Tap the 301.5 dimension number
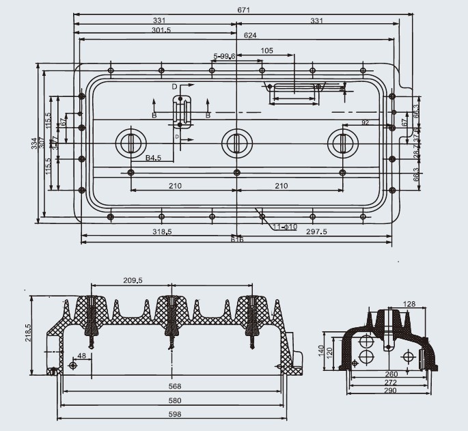coord(162,30)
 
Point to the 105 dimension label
coord(267,51)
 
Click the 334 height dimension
coord(35,143)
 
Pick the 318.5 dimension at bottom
coord(161,232)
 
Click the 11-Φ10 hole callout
coord(284,226)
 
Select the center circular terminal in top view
coord(236,143)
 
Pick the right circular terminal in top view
coord(341,143)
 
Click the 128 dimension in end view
coord(409,303)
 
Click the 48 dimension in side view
coord(81,356)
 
